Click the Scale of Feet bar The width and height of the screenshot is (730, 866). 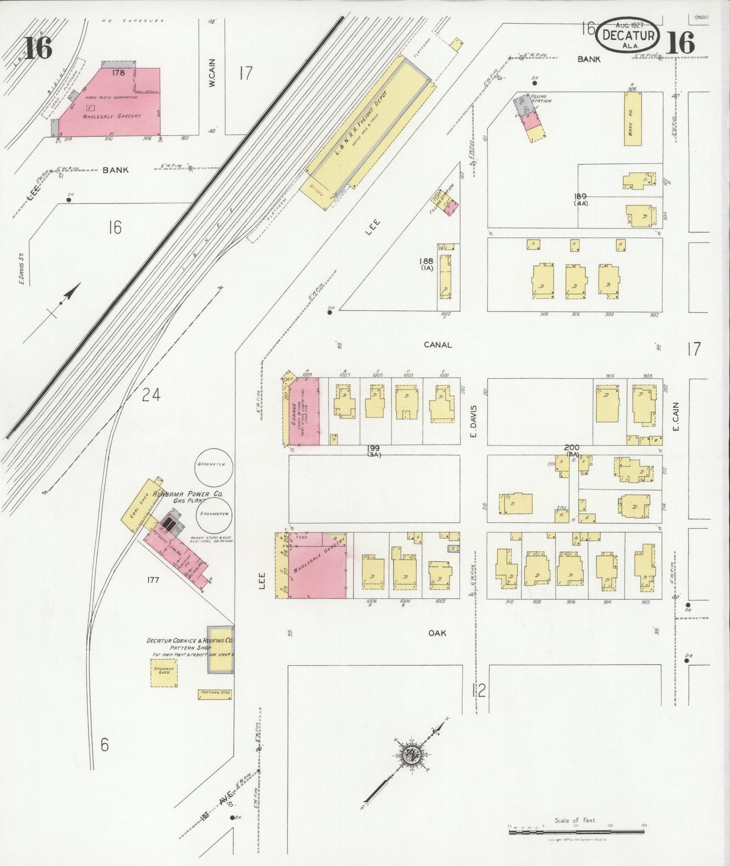[576, 830]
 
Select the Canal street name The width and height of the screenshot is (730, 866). [437, 345]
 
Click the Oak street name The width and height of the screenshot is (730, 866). [437, 633]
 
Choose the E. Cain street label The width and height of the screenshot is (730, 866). [676, 420]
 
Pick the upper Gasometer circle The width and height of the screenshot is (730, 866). [212, 465]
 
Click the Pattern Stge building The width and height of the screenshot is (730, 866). [215, 695]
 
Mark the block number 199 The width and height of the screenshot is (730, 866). [374, 448]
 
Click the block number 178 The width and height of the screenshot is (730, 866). [119, 73]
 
